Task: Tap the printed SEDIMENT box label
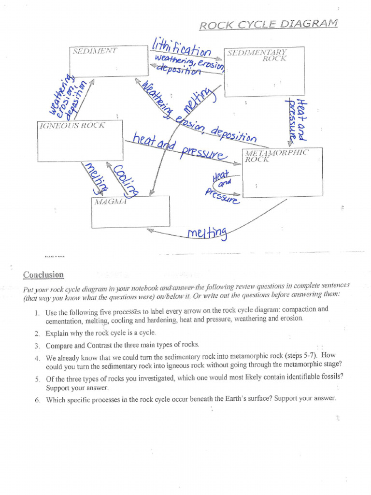[95, 51]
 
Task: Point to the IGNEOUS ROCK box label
[72, 125]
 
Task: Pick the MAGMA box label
[110, 201]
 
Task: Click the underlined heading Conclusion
[43, 275]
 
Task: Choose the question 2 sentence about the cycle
[101, 333]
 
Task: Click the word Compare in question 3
[58, 345]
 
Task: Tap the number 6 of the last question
[37, 399]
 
